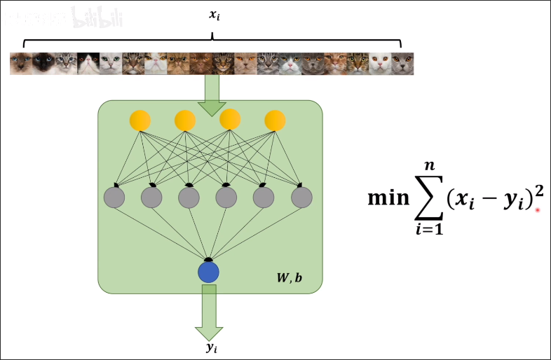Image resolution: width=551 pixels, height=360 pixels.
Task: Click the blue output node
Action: (208, 272)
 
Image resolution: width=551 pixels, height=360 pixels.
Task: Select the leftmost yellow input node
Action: (140, 120)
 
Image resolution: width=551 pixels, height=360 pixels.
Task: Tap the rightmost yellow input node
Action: (274, 120)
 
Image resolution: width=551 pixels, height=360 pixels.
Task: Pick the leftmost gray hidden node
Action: (114, 198)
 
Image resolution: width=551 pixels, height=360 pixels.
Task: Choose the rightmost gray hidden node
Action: (301, 198)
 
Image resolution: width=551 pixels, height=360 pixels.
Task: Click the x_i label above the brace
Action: (213, 13)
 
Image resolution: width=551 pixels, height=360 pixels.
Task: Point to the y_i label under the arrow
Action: (210, 347)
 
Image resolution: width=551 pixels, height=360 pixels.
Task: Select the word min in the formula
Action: (390, 198)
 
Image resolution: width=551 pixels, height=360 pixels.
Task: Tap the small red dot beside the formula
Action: (538, 209)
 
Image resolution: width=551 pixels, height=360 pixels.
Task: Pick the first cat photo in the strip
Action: (21, 64)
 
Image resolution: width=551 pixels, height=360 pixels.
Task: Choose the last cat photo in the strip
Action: (402, 64)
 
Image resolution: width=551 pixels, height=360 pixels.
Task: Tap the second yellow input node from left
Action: (184, 120)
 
